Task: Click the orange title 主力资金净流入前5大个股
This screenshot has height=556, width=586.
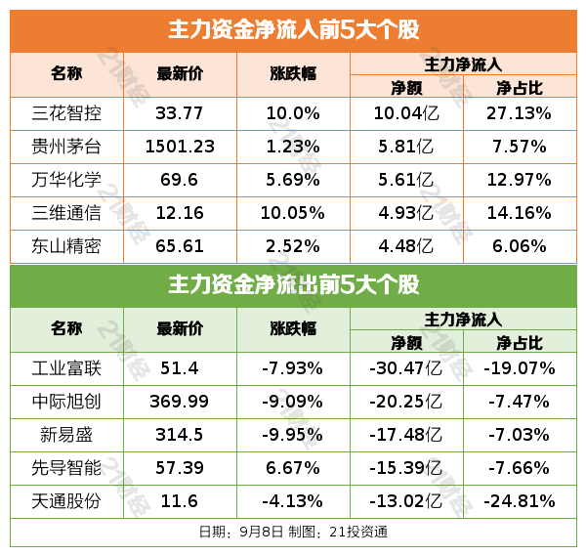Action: (293, 30)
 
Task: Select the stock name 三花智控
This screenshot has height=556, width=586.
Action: (67, 113)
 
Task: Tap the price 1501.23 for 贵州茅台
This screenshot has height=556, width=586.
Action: (180, 147)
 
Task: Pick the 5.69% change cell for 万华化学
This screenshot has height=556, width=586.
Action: (293, 180)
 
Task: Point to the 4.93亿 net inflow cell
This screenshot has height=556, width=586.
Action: (404, 213)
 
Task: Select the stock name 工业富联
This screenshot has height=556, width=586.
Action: (67, 368)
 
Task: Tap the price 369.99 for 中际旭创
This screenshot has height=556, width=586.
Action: (180, 402)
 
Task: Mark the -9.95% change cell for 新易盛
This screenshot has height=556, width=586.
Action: (293, 435)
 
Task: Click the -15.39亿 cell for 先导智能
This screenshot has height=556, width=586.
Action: (404, 468)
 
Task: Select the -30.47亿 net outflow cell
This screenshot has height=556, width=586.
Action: (404, 368)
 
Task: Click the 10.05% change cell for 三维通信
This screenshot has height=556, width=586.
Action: (293, 213)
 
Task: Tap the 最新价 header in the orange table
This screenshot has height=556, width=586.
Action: (180, 74)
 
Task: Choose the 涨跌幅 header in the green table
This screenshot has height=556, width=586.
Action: (293, 329)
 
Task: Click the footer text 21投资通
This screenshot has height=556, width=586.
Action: (360, 533)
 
